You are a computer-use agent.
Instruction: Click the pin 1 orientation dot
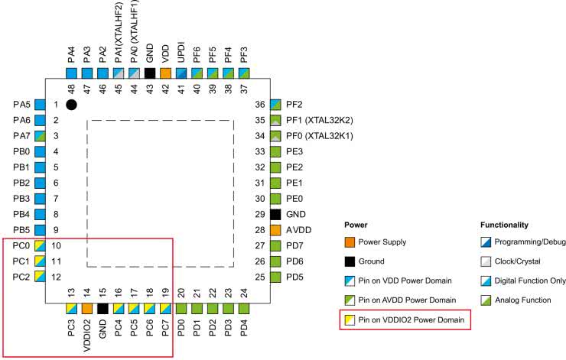pyautogui.click(x=72, y=104)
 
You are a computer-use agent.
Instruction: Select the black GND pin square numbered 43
pyautogui.click(x=150, y=73)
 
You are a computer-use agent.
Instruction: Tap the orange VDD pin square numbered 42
pyautogui.click(x=165, y=73)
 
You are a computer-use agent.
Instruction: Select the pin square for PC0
pyautogui.click(x=40, y=245)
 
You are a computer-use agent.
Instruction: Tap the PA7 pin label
pyautogui.click(x=21, y=135)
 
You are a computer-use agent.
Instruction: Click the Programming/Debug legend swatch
pyautogui.click(x=486, y=242)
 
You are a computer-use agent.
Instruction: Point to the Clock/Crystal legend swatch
pyautogui.click(x=486, y=261)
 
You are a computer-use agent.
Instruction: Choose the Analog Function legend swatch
pyautogui.click(x=486, y=300)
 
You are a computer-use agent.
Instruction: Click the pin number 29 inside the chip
pyautogui.click(x=260, y=214)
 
